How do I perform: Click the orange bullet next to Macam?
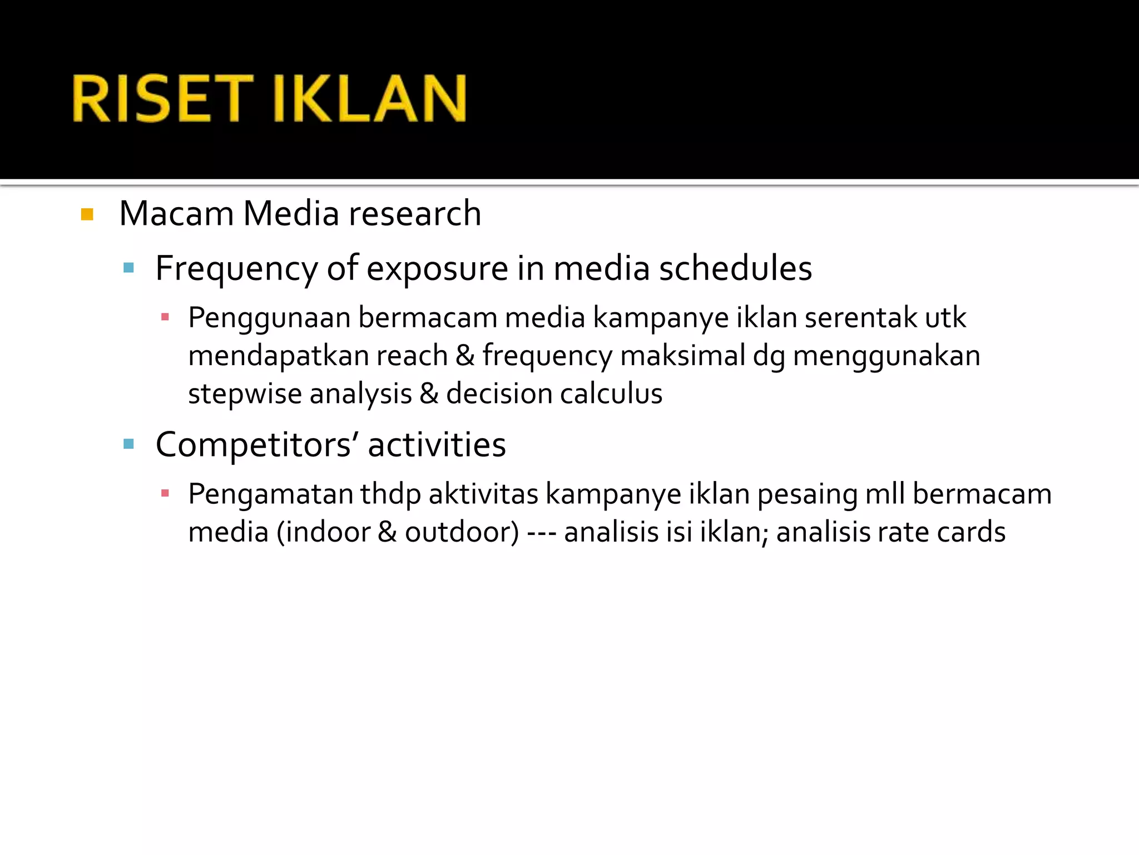pos(87,214)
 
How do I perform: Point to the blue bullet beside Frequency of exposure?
pos(128,268)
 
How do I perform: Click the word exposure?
pos(437,269)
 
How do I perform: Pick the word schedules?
pos(735,268)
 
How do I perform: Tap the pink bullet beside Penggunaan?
pos(165,317)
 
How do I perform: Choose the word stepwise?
pos(245,394)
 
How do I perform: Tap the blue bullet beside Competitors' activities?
pos(128,444)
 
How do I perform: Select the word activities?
pos(437,445)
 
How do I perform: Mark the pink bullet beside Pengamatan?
pos(165,493)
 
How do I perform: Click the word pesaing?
pos(808,494)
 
